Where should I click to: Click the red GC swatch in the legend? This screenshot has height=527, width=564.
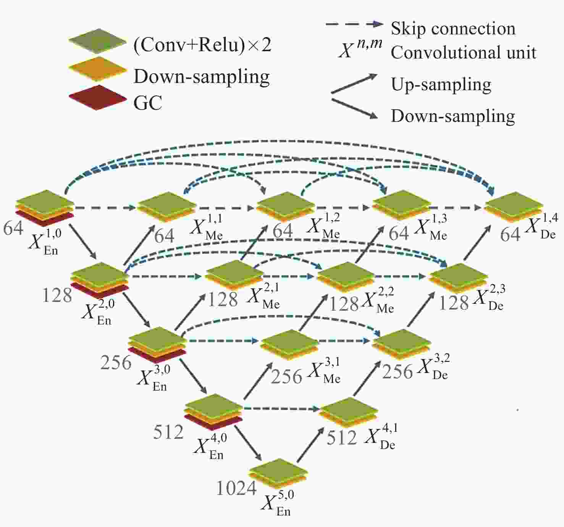tap(98, 97)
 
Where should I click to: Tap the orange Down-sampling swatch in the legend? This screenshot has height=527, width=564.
tap(98, 69)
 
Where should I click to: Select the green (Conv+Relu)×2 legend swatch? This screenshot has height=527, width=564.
tap(98, 41)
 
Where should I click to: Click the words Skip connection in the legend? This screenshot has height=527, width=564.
tap(453, 29)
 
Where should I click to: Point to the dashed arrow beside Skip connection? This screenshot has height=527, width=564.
tap(354, 24)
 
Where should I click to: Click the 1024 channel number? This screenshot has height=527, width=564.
tap(236, 488)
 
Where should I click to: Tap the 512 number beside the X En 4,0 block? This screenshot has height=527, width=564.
tap(168, 432)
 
